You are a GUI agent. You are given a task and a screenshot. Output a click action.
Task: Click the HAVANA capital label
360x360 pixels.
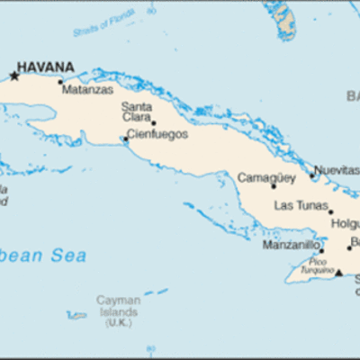(46, 67)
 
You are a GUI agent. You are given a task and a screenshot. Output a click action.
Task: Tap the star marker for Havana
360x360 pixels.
(13, 76)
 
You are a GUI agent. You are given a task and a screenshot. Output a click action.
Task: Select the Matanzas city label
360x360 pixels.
(87, 90)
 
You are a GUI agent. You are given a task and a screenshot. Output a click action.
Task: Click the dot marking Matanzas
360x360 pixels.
(61, 82)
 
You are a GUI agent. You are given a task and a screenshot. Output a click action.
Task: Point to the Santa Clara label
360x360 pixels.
(137, 111)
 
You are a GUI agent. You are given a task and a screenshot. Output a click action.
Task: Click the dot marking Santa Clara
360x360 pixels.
(153, 123)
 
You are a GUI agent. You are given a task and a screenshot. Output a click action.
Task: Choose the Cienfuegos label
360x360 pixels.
(157, 134)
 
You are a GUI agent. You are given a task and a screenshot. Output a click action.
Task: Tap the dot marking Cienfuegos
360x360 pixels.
(125, 139)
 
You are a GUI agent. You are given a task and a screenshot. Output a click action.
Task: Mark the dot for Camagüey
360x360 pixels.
(274, 186)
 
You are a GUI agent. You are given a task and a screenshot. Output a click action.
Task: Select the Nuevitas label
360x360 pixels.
(337, 170)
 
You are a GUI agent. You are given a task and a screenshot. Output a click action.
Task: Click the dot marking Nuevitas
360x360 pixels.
(312, 175)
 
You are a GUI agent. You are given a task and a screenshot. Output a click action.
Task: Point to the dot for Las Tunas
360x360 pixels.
(330, 212)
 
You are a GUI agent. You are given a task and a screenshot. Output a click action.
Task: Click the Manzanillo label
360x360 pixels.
(290, 244)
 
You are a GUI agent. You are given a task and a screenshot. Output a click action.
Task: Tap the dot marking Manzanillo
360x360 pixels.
(321, 251)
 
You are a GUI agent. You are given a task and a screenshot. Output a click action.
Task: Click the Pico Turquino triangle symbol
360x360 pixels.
(338, 273)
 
